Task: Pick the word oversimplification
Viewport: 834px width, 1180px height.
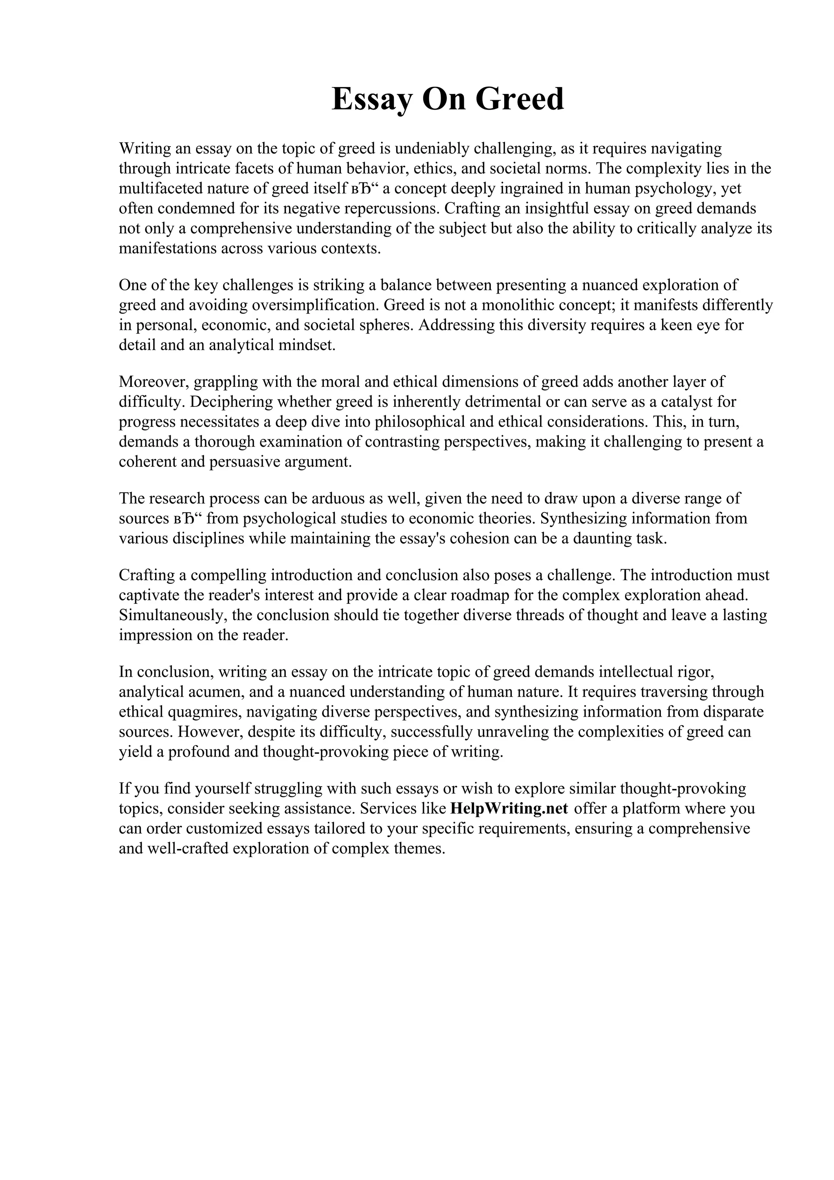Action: point(314,305)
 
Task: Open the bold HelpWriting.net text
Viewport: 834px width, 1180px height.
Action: point(509,808)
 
